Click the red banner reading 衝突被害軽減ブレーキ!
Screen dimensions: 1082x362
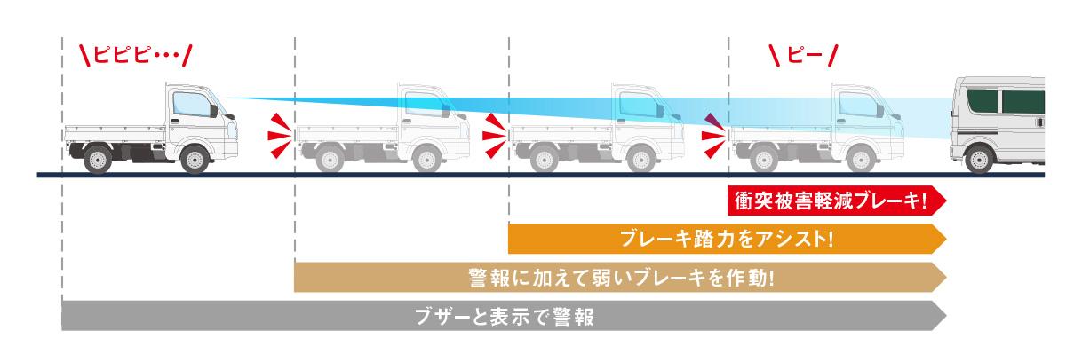pyautogui.click(x=837, y=201)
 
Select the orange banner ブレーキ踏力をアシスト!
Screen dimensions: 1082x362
pyautogui.click(x=727, y=239)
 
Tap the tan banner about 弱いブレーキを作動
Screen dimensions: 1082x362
pyautogui.click(x=620, y=278)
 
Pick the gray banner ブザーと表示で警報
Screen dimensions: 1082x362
pyautogui.click(x=504, y=316)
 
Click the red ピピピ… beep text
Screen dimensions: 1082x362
pyautogui.click(x=136, y=55)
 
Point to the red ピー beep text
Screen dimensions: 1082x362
pyautogui.click(x=804, y=55)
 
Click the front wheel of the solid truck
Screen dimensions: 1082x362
pyautogui.click(x=195, y=160)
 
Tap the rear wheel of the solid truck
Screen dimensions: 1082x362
pyautogui.click(x=98, y=160)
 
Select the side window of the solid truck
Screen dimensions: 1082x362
pyautogui.click(x=192, y=103)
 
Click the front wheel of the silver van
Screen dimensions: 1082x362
pyautogui.click(x=979, y=160)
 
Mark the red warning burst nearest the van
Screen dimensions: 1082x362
pyautogui.click(x=714, y=136)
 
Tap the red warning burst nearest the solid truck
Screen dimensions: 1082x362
pyautogui.click(x=281, y=136)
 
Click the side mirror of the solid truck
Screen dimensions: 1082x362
pyautogui.click(x=214, y=111)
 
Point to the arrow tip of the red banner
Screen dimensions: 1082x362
pyautogui.click(x=946, y=201)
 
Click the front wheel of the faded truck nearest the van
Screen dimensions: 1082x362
pyautogui.click(x=862, y=160)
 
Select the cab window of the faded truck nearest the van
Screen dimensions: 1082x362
pyautogui.click(x=858, y=104)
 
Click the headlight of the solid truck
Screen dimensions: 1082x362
pyautogui.click(x=234, y=130)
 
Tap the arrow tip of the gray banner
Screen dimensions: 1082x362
pyautogui.click(x=946, y=316)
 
